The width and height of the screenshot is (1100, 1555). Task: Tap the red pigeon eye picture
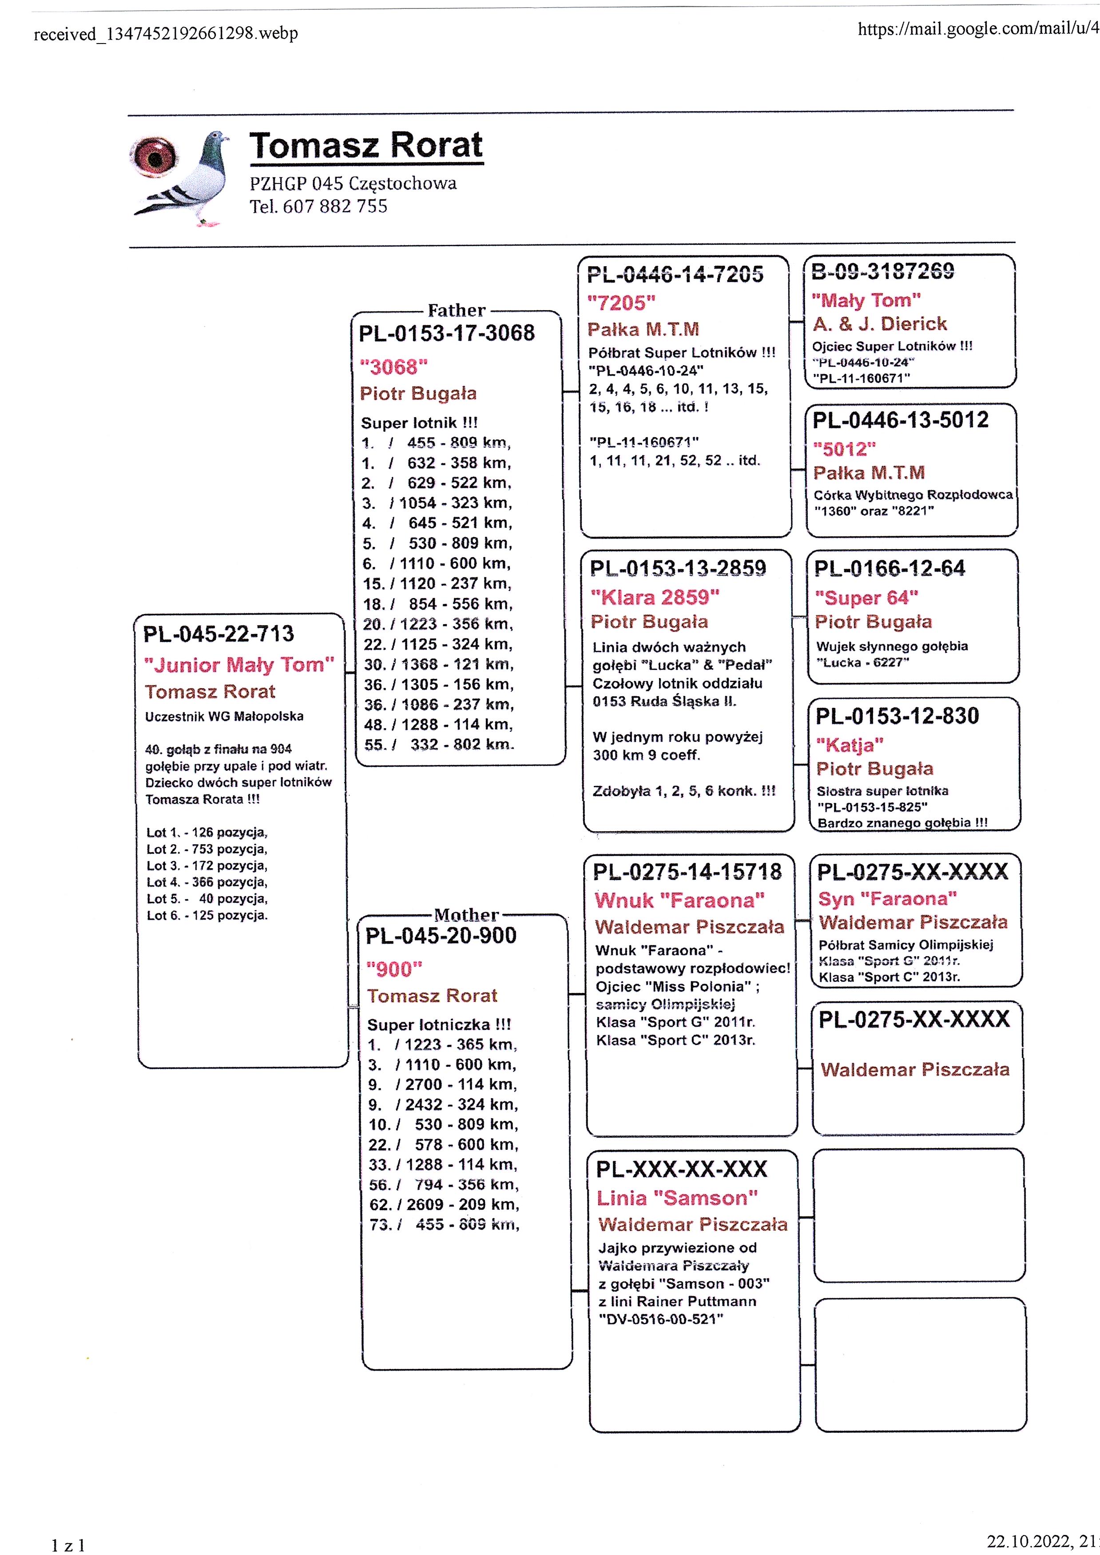pyautogui.click(x=155, y=158)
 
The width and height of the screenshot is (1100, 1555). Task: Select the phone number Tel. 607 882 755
pyautogui.click(x=318, y=206)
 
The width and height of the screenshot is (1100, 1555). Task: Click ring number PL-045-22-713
pyautogui.click(x=219, y=634)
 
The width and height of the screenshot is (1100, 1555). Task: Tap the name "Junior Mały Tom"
pyautogui.click(x=239, y=665)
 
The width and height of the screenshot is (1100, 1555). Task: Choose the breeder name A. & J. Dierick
pyautogui.click(x=880, y=324)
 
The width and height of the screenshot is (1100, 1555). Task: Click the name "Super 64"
pyautogui.click(x=866, y=598)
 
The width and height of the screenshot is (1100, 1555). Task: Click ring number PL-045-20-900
pyautogui.click(x=441, y=936)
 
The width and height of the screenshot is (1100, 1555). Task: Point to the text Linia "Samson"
pyautogui.click(x=677, y=1198)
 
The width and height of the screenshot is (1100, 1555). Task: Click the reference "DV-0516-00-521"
pyautogui.click(x=661, y=1319)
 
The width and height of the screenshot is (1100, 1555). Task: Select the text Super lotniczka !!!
pyautogui.click(x=439, y=1025)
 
